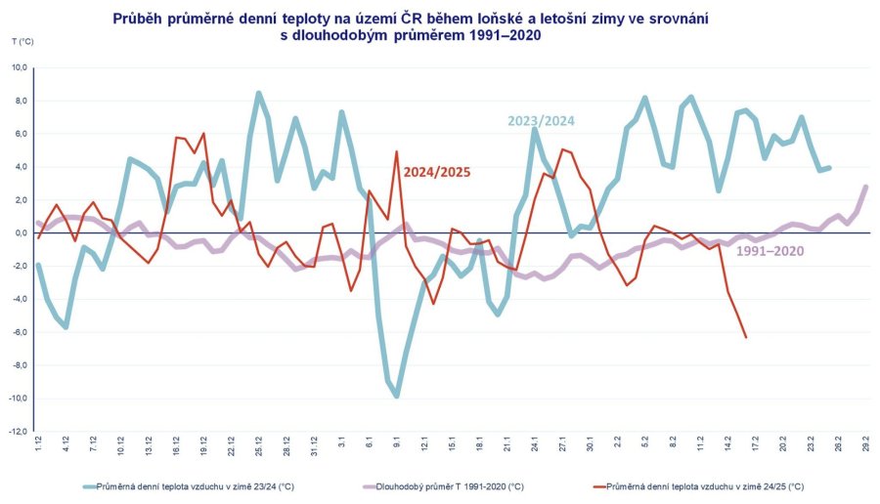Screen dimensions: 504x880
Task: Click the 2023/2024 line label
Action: click(x=541, y=121)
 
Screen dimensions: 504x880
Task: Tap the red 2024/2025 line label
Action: click(x=437, y=172)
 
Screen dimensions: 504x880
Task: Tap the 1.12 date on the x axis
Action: click(x=38, y=441)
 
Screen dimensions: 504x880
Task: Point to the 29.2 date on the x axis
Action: click(x=866, y=441)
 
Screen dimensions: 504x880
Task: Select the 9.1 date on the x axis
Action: click(x=397, y=441)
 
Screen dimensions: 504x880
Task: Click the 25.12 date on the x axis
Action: click(x=259, y=441)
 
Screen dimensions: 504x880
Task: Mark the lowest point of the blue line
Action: click(x=397, y=396)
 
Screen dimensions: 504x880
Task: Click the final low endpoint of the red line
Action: click(x=746, y=338)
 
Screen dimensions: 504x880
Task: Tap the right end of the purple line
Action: click(x=866, y=187)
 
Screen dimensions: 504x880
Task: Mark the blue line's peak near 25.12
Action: click(x=258, y=93)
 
